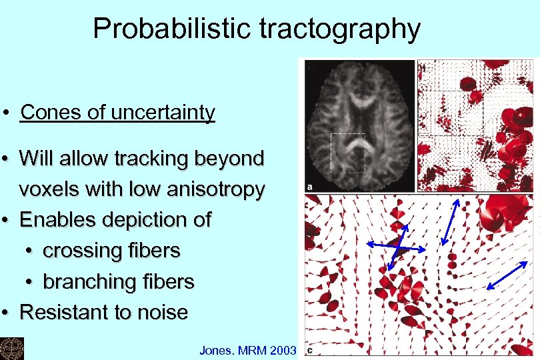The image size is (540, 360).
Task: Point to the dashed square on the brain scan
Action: pyautogui.click(x=348, y=153)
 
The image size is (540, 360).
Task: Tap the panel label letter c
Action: pyautogui.click(x=311, y=349)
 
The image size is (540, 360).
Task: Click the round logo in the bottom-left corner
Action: pyautogui.click(x=11, y=348)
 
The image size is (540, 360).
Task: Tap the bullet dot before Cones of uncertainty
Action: pyautogui.click(x=6, y=113)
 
